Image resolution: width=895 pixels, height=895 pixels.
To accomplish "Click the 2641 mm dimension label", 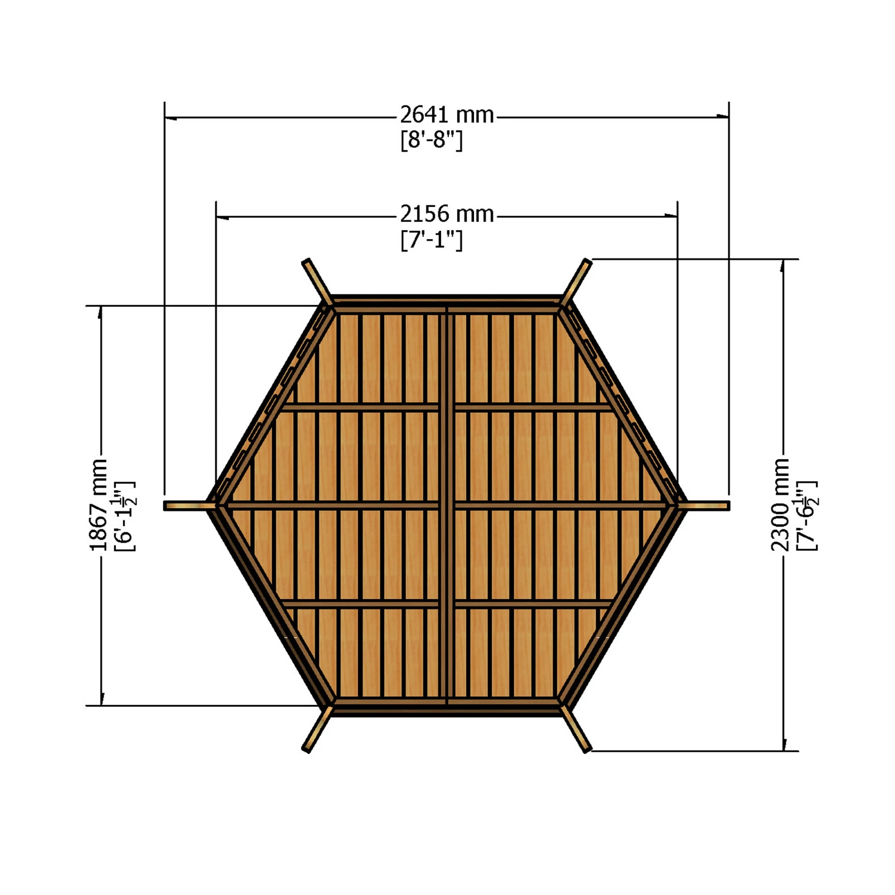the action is click(x=447, y=115).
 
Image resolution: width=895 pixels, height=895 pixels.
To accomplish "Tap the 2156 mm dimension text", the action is click(x=447, y=214).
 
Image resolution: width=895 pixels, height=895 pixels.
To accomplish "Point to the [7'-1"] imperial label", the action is click(x=431, y=240).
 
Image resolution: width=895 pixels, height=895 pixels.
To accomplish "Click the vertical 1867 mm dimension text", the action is click(x=98, y=505).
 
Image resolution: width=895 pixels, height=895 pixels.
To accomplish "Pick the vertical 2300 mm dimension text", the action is click(x=780, y=505).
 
